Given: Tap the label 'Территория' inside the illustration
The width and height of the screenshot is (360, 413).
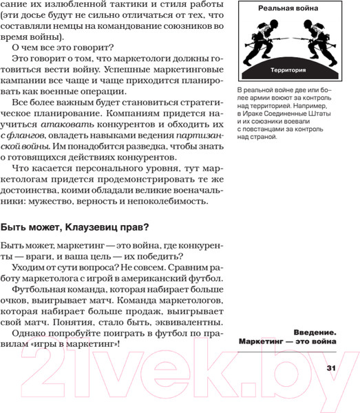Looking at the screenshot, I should point(288,71).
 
